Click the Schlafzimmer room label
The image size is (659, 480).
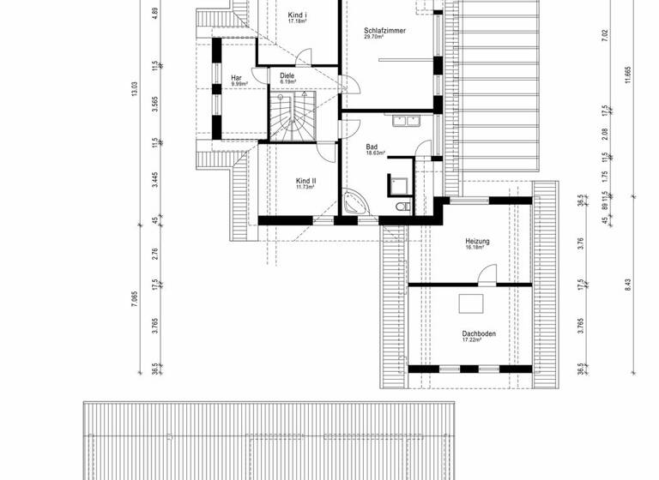(384, 30)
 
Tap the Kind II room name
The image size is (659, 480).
(306, 181)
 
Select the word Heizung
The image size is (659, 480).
(477, 242)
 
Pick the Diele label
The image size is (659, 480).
(287, 75)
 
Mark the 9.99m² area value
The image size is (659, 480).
(238, 85)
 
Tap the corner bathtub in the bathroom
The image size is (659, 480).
(356, 204)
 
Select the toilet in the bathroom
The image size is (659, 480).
(402, 207)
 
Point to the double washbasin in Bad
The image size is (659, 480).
(403, 121)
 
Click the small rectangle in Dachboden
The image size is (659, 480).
(471, 304)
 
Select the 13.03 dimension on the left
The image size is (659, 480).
(134, 90)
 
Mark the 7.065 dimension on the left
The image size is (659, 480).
(134, 297)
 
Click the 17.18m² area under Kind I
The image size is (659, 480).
(297, 21)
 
